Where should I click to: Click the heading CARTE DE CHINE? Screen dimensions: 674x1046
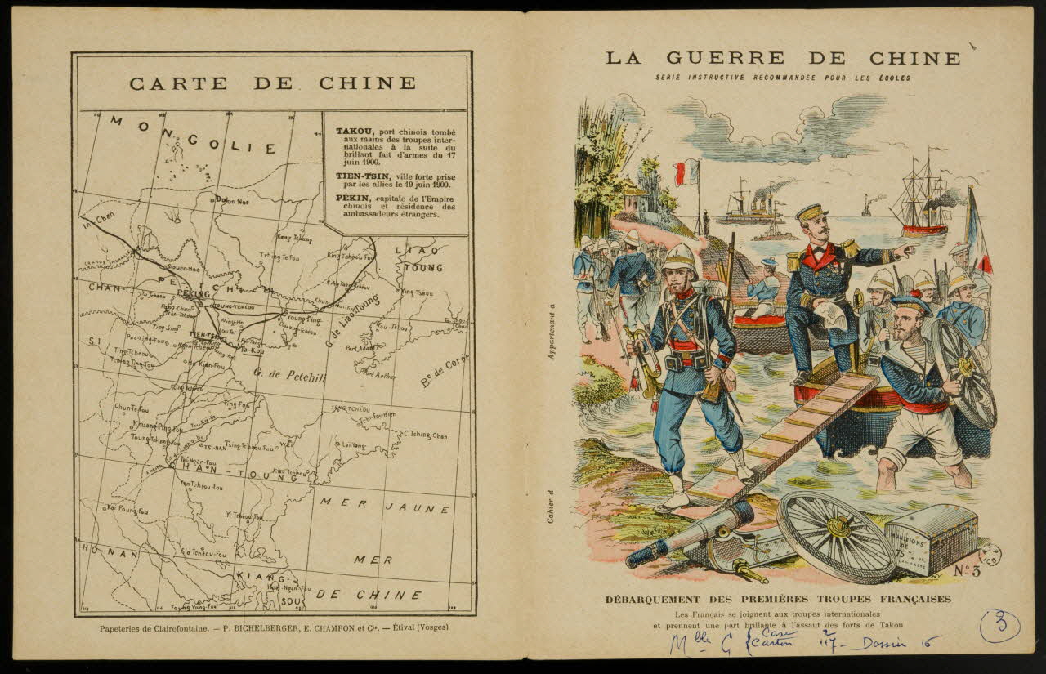(x=272, y=83)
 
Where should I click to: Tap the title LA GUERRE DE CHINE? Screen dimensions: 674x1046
(x=783, y=58)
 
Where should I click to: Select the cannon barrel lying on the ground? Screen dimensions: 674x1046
(x=691, y=533)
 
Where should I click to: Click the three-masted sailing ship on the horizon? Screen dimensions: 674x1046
(x=922, y=196)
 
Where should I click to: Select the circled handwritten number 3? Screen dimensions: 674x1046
(x=999, y=626)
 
